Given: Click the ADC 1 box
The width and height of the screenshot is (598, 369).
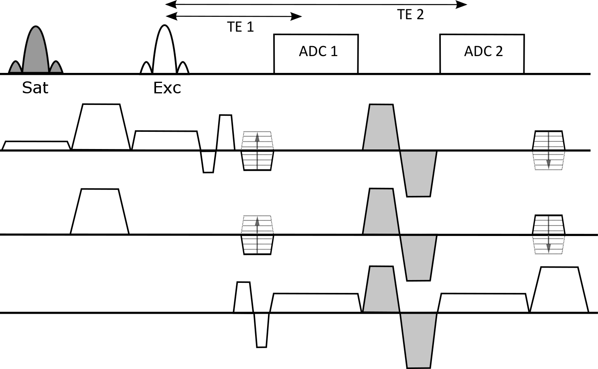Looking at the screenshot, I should pos(316,54).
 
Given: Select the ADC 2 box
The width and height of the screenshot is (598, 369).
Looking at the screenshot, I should pos(482,54).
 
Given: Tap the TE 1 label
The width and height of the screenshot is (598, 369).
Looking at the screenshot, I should pos(240,27).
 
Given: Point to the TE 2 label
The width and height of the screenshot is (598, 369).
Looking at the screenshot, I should pos(410,14).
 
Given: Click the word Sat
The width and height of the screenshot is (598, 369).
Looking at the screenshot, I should pos(35,88).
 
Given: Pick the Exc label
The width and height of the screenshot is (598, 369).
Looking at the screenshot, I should pos(167,88).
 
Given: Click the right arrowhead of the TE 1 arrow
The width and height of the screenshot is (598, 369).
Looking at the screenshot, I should pos(297,16).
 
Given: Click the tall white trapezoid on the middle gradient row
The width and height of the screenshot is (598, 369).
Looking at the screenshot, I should pos(100,211).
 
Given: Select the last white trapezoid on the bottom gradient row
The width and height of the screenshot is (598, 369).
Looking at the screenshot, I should pos(559,290).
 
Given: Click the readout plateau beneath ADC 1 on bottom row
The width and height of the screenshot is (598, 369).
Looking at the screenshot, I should pos(316,303).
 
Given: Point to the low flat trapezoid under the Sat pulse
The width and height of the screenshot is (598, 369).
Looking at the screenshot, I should pos(36,146).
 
